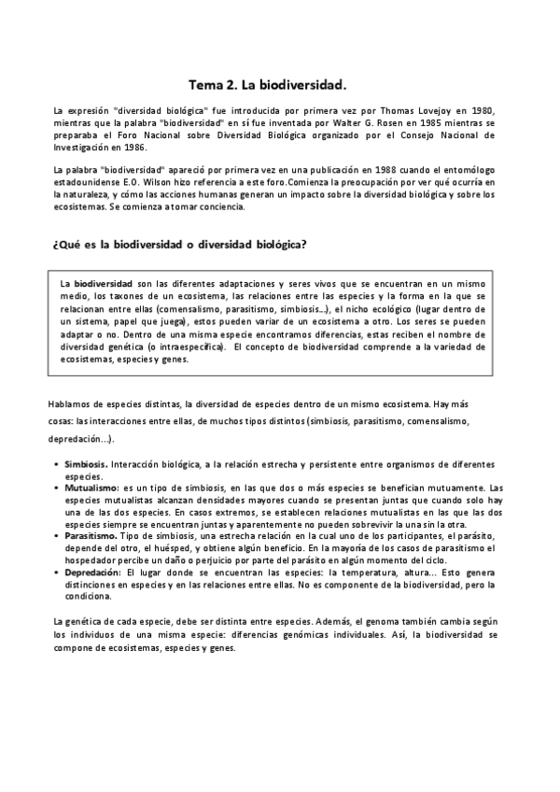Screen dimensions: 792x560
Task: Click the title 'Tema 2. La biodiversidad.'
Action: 267,84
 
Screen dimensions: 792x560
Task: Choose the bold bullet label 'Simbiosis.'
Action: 87,464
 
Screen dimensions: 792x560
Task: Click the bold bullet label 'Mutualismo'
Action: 91,488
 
